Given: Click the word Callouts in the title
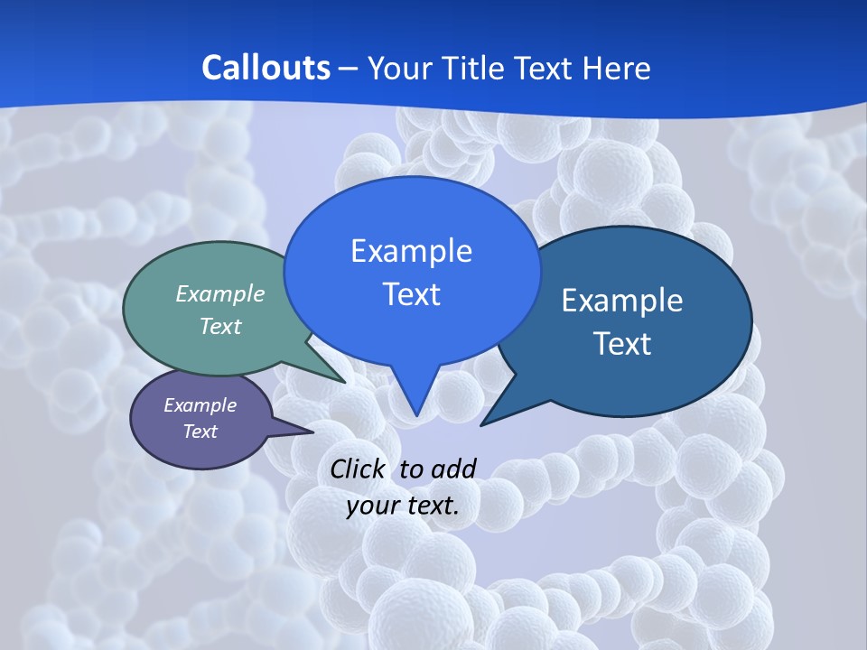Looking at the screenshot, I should [266, 69].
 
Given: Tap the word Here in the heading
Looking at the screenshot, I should [617, 69].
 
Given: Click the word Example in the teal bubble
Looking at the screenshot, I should [220, 293].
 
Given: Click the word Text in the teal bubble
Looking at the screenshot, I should [220, 326].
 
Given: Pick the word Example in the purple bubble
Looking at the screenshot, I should [200, 405].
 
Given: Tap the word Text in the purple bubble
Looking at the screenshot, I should [200, 432].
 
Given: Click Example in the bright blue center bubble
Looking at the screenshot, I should [411, 251].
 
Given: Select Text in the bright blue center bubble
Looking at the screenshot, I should [411, 294].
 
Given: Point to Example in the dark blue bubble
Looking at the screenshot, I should [622, 301].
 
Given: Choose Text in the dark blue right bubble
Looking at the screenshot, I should [622, 344].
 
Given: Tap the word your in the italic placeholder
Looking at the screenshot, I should [372, 506].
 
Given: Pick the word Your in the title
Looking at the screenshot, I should [399, 69].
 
